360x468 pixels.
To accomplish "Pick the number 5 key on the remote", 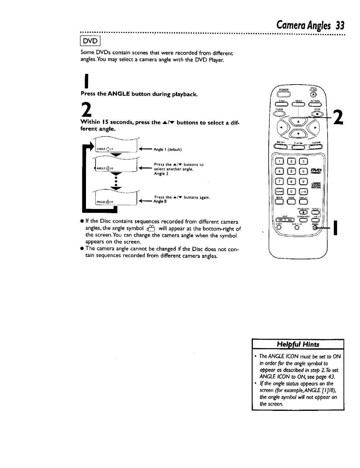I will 292,171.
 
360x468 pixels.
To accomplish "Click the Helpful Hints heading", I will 298,344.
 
